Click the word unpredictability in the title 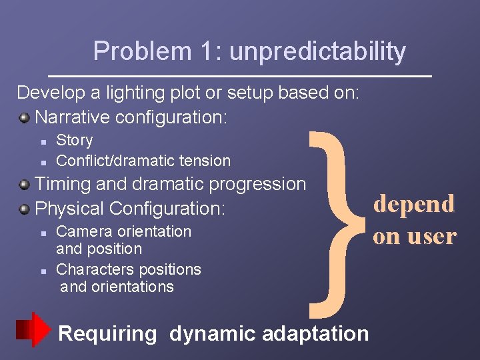[x=317, y=52]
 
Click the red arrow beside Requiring [x=33, y=329]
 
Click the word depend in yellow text [x=414, y=204]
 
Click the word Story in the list [x=75, y=141]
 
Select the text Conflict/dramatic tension [x=143, y=161]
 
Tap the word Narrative [x=73, y=118]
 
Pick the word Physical [x=70, y=209]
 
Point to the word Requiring [x=107, y=333]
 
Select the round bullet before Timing [x=25, y=185]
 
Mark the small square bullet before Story [x=42, y=141]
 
